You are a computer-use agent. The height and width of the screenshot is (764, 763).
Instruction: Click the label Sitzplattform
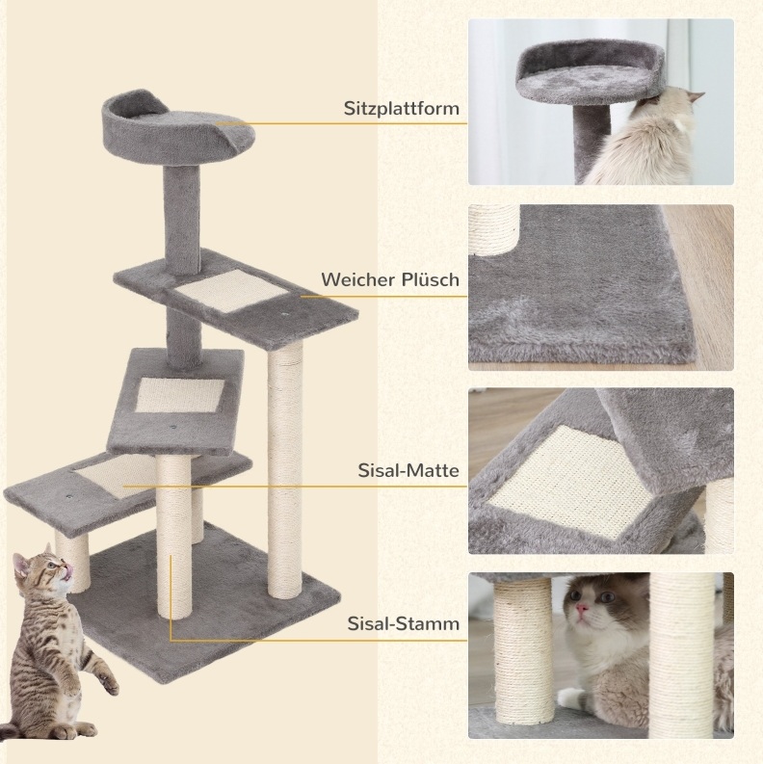[x=402, y=109]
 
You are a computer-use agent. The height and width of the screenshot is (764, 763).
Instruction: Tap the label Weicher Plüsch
[x=390, y=279]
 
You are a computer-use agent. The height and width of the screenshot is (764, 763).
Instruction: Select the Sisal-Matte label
[x=408, y=470]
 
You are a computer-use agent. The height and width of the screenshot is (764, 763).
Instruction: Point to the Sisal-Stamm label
[x=404, y=623]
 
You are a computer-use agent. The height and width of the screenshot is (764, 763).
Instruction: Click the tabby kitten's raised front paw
[x=109, y=681]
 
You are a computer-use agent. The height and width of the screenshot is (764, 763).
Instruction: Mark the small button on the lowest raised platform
[x=68, y=497]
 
